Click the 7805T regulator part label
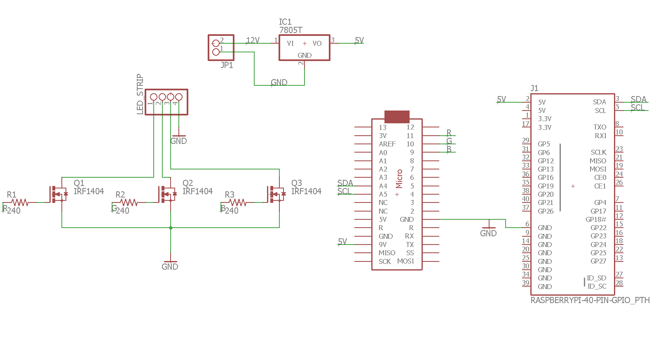tap(291, 30)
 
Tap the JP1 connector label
tap(227, 65)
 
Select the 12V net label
tap(253, 40)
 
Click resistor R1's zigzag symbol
tap(19, 202)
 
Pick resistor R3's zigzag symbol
tap(238, 202)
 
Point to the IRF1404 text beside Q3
tap(306, 191)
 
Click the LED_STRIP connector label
tap(140, 94)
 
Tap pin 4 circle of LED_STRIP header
tap(178, 97)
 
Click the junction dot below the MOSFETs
tap(171, 227)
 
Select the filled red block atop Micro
tap(396, 116)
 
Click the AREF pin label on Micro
tap(387, 144)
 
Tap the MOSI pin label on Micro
tap(405, 261)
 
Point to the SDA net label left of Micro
tap(345, 183)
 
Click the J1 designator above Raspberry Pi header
tap(534, 88)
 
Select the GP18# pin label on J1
tap(595, 219)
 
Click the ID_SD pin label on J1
tap(596, 278)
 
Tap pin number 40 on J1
tap(525, 199)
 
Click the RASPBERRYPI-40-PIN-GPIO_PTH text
tap(590, 300)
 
